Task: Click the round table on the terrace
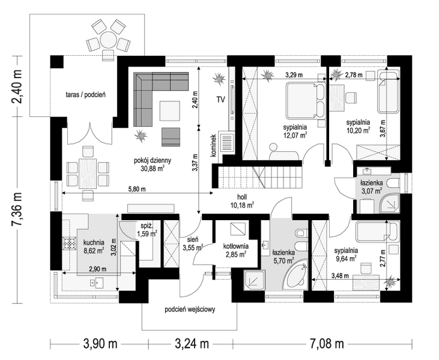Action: point(107,40)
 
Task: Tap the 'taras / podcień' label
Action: point(86,95)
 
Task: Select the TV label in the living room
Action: point(220,100)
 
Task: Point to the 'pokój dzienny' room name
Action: point(153,161)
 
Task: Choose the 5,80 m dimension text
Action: point(137,189)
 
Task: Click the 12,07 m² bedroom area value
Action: point(295,135)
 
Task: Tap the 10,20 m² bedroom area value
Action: point(359,130)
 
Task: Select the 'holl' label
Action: point(242,197)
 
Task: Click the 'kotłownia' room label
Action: point(236,247)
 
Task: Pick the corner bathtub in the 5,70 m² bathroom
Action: point(295,276)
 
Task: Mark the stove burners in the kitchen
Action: point(70,244)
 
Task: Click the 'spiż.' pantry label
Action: point(147,226)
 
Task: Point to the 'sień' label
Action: point(193,240)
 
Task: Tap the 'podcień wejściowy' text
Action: point(190,310)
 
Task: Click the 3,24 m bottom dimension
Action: point(192,343)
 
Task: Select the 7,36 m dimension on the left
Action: point(17,207)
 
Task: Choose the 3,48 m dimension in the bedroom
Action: point(340,276)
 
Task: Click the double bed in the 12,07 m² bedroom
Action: point(305,101)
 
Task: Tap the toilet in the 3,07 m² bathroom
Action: point(393,184)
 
